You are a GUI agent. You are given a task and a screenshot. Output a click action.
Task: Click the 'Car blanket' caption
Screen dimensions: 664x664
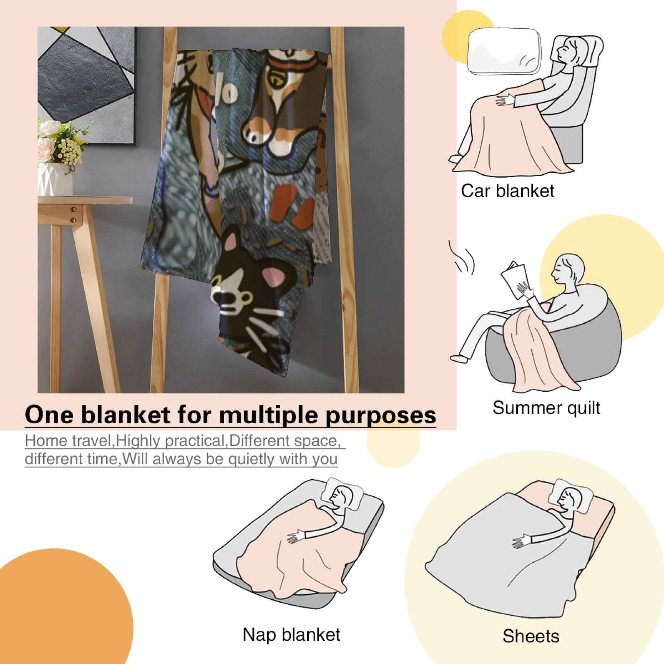pyautogui.click(x=508, y=191)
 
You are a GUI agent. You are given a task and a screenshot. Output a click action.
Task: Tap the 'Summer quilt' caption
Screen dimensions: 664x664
pyautogui.click(x=546, y=408)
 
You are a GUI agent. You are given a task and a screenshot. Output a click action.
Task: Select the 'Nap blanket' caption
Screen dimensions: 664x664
pyautogui.click(x=291, y=635)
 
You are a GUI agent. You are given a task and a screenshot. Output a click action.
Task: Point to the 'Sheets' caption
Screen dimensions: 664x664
pyautogui.click(x=531, y=636)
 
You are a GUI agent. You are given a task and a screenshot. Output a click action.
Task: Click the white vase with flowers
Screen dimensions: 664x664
pyautogui.click(x=55, y=178)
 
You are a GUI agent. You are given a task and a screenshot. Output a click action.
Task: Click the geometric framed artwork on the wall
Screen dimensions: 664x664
pyautogui.click(x=87, y=86)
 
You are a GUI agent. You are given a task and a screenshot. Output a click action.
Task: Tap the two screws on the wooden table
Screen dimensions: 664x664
pyautogui.click(x=73, y=215)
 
